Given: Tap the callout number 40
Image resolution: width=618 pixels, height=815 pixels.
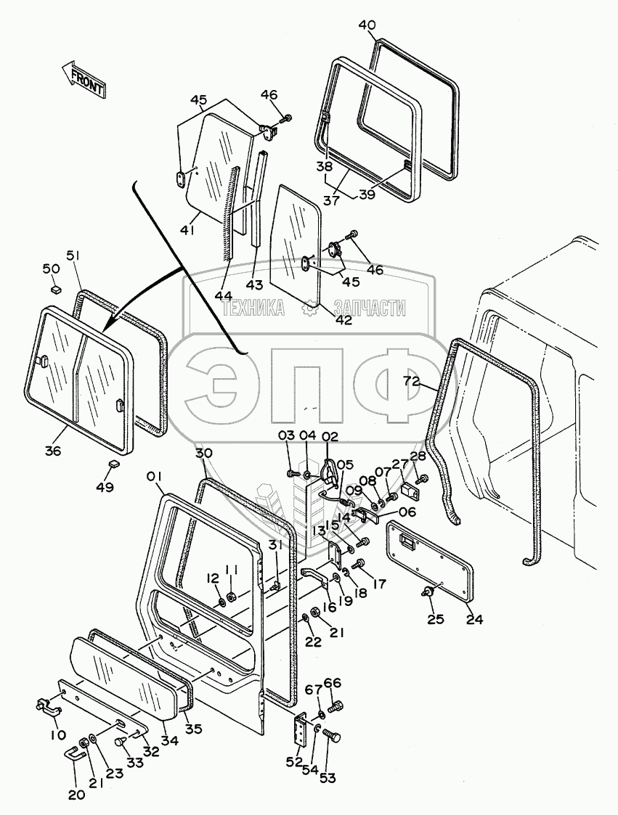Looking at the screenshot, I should [367, 25].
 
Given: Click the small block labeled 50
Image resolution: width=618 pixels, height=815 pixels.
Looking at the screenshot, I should [54, 290].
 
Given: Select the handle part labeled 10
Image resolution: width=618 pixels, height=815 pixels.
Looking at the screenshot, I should [48, 705].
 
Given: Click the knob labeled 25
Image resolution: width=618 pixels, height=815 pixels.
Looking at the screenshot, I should [428, 593].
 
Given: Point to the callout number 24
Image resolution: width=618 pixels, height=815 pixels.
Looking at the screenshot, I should [474, 619].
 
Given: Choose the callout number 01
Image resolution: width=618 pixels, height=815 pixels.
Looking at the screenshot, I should [154, 477].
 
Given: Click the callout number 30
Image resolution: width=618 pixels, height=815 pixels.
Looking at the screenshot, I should [204, 453].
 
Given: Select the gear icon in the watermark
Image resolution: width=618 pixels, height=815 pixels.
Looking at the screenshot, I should [309, 309].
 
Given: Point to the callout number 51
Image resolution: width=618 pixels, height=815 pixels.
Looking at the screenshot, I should [74, 255].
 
